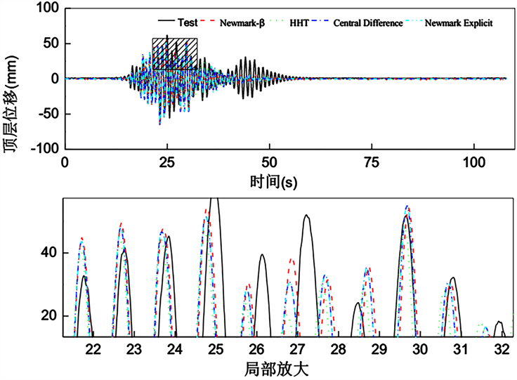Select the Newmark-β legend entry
pyautogui.click(x=240, y=22)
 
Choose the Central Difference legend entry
pyautogui.click(x=371, y=22)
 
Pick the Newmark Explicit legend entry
pyautogui.click(x=462, y=22)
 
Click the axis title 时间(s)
pyautogui.click(x=273, y=181)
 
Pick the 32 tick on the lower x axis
pyautogui.click(x=501, y=349)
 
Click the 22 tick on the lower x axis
pyautogui.click(x=93, y=349)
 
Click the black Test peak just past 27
pyautogui.click(x=306, y=216)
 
